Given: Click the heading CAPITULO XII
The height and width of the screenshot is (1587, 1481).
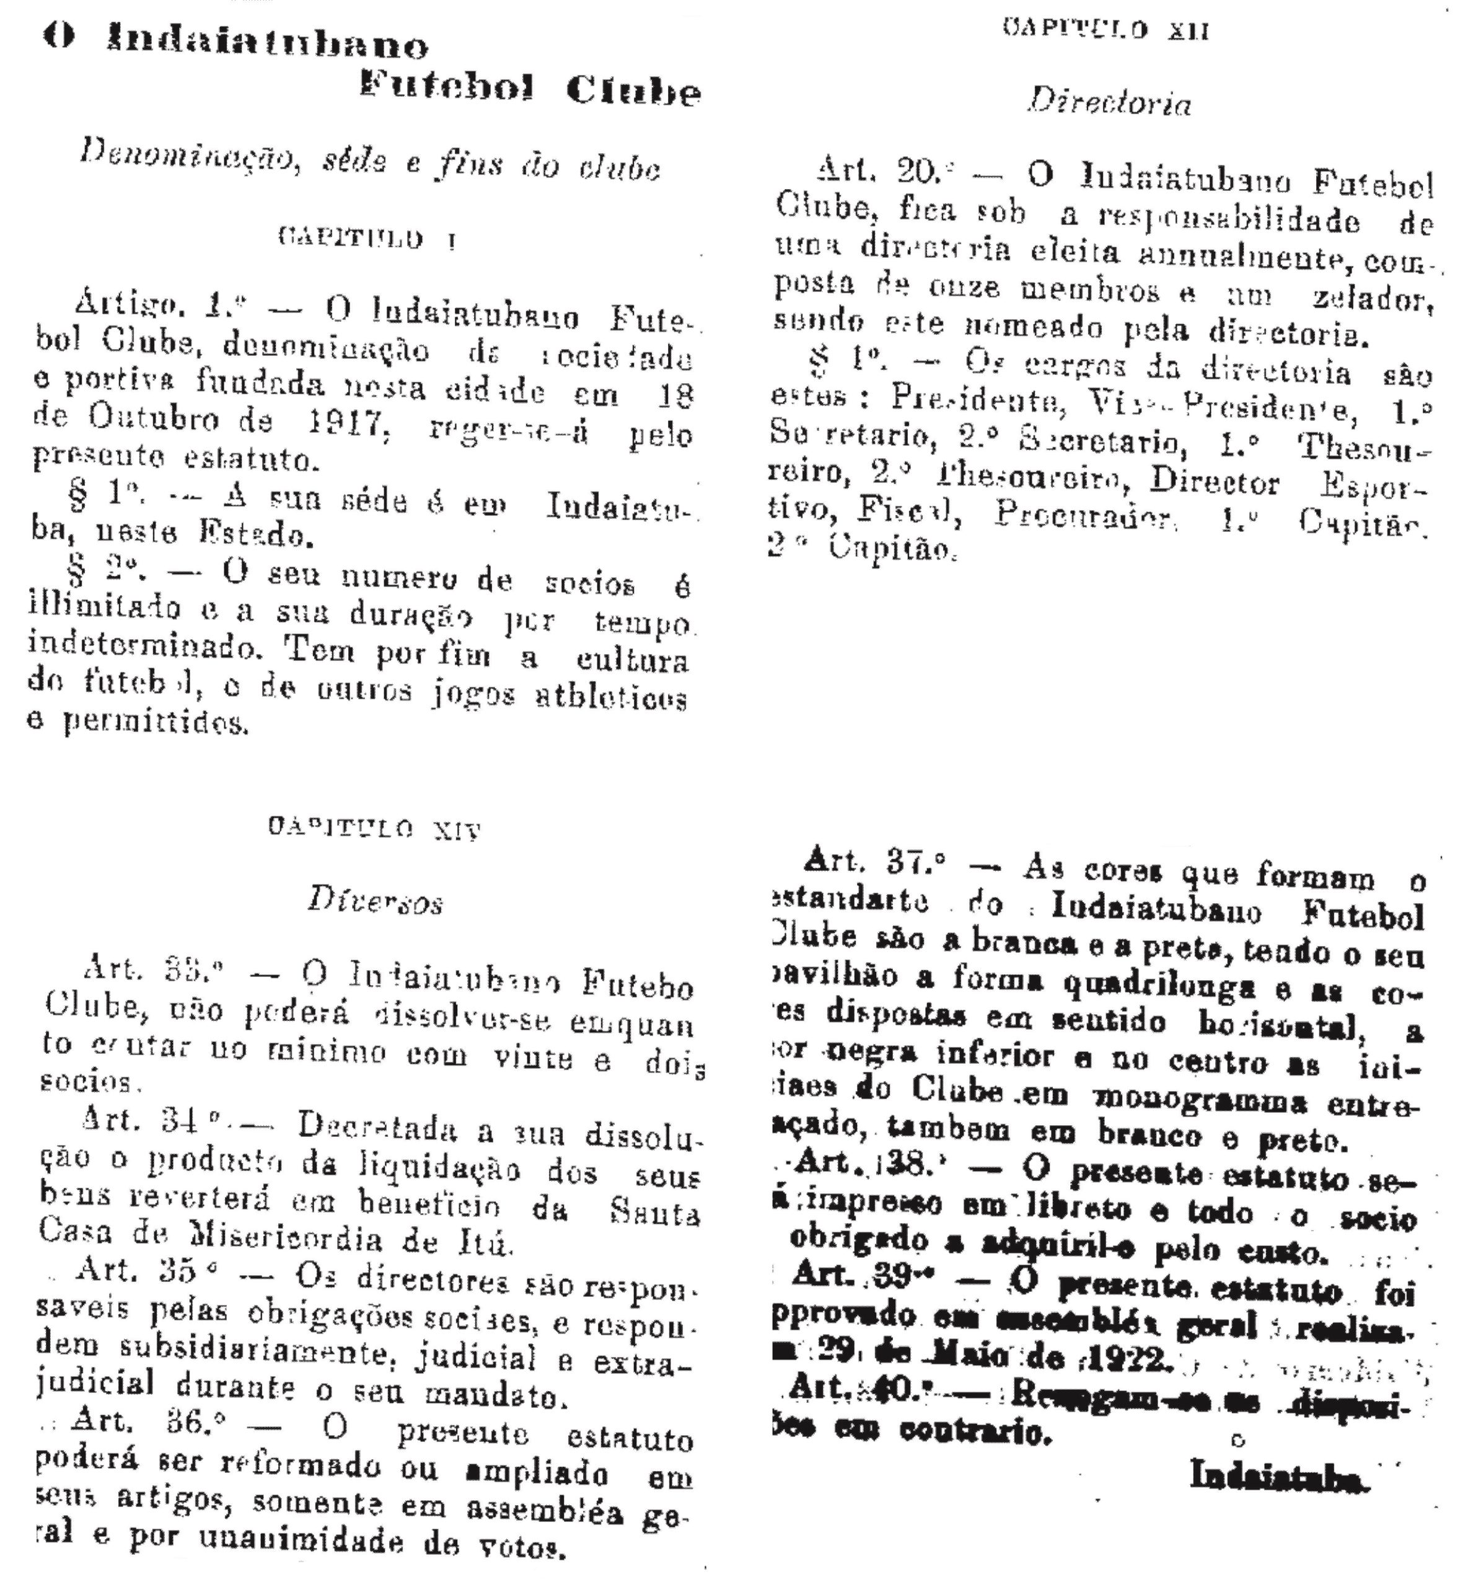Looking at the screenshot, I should (x=1107, y=31).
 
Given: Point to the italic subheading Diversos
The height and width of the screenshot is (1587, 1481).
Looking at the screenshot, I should (x=374, y=902).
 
